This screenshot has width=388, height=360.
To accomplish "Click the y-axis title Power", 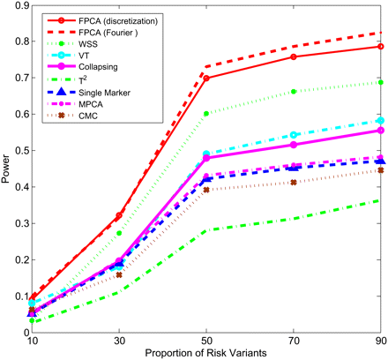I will [9, 168].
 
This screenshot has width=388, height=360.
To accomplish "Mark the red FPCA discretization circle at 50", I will [206, 78].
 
